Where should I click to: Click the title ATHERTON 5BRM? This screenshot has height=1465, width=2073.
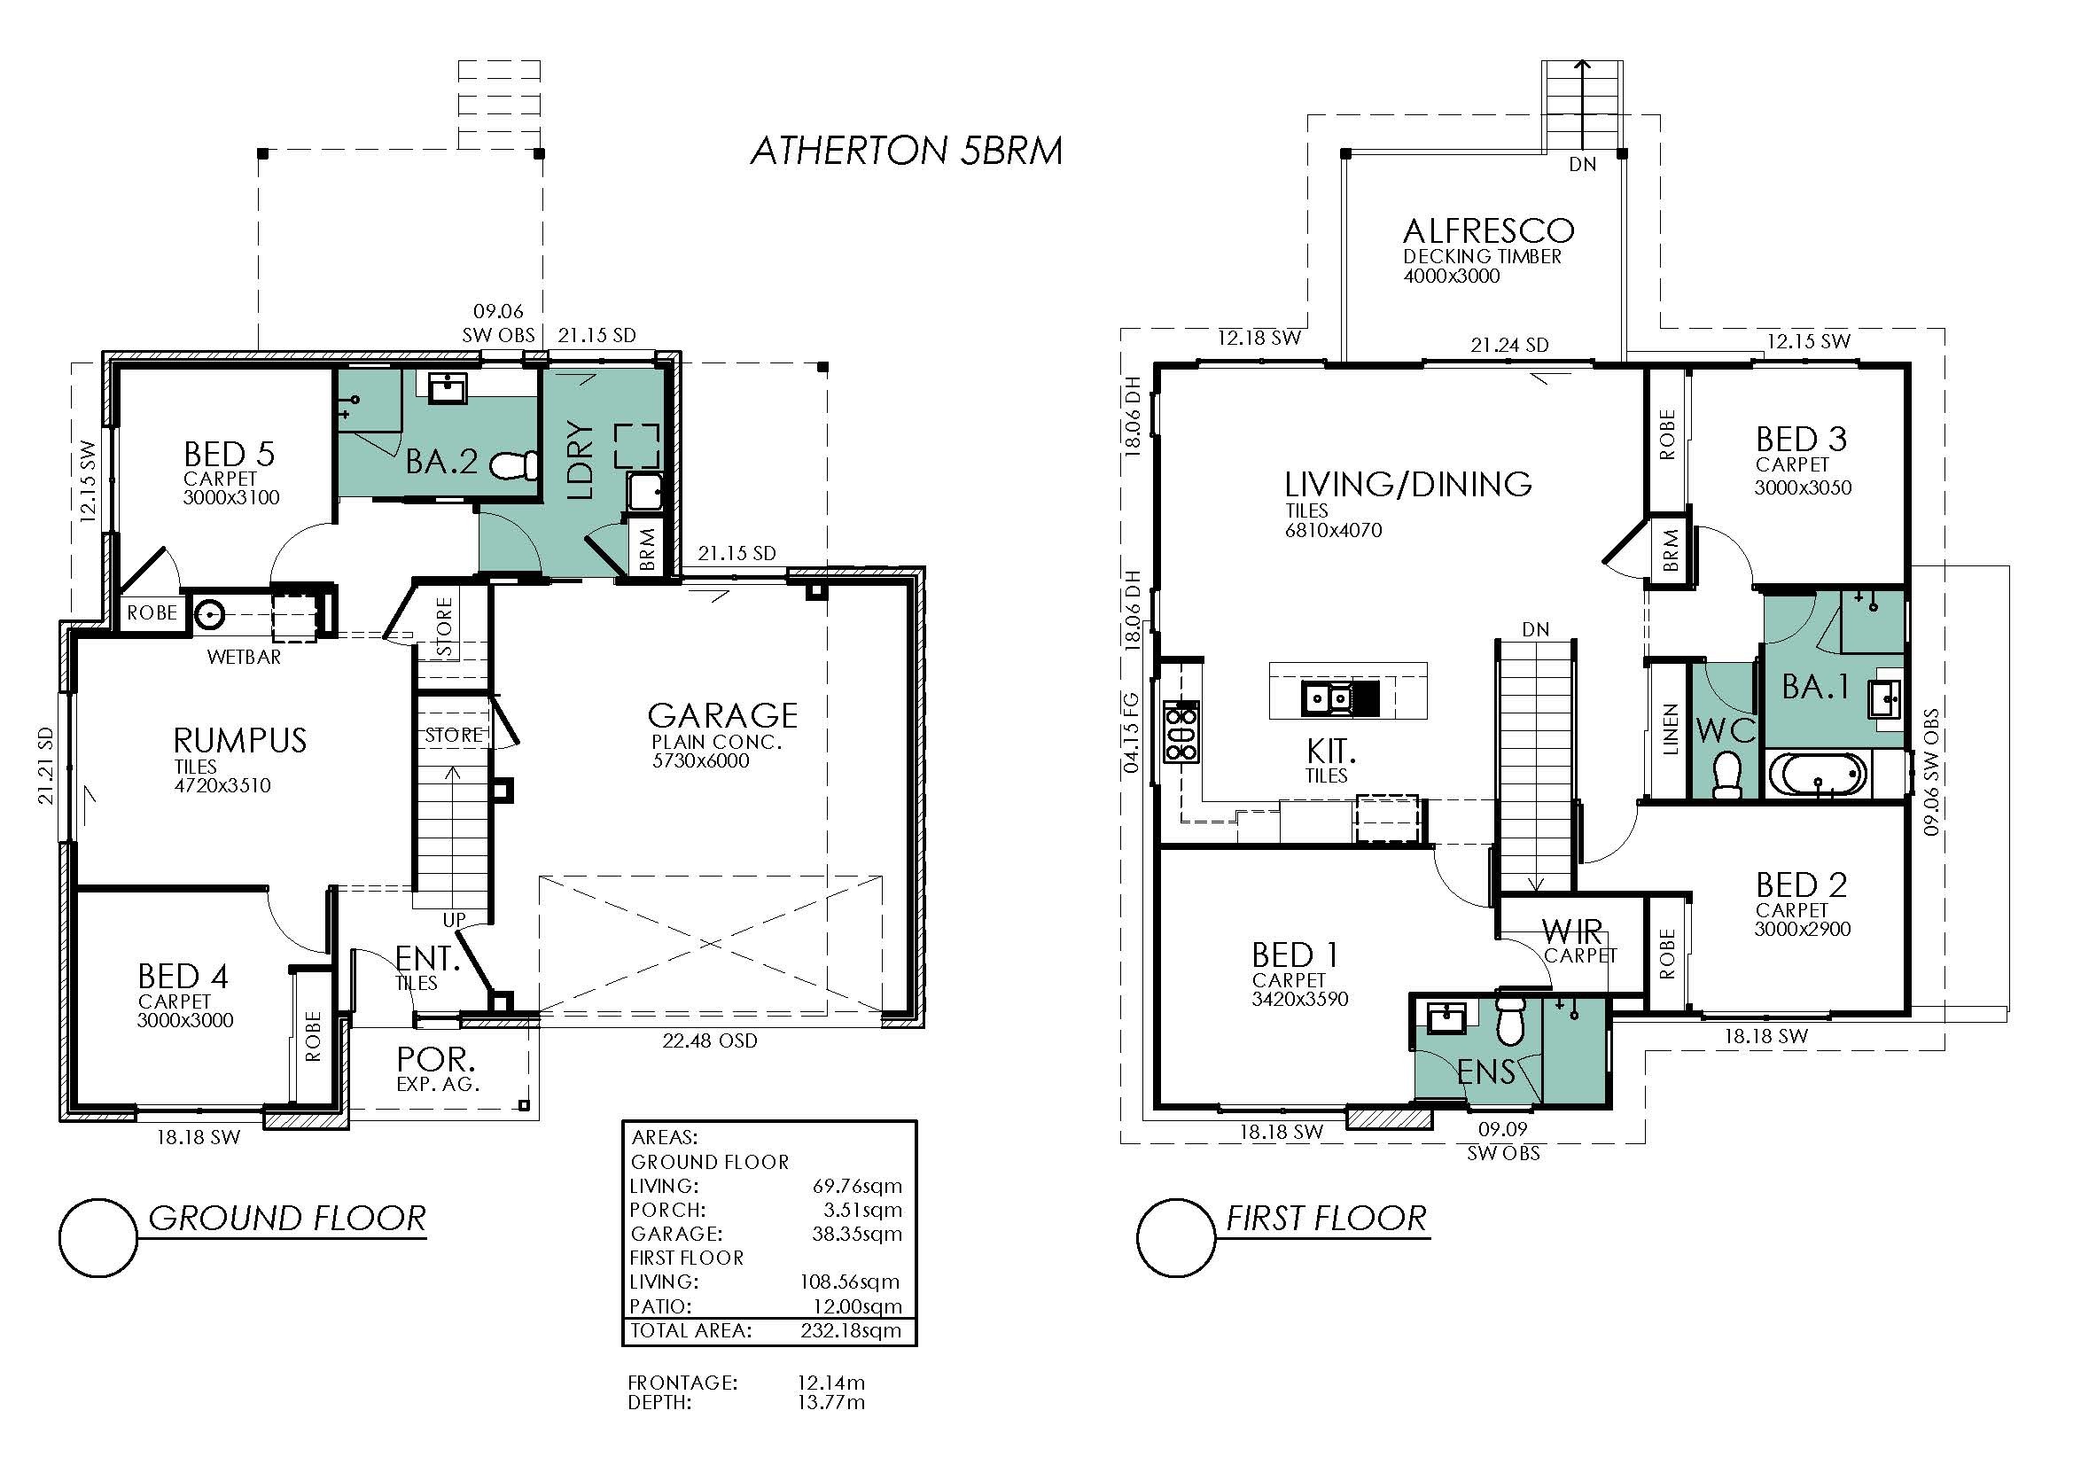[x=906, y=151]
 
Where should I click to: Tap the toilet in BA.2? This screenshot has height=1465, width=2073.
[x=515, y=466]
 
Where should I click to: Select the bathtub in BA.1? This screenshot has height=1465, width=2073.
[x=1818, y=775]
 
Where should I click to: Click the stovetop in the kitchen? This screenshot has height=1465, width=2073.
[x=1180, y=731]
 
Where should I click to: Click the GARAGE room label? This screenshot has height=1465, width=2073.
[x=722, y=716]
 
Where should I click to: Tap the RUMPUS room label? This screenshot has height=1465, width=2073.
[x=240, y=741]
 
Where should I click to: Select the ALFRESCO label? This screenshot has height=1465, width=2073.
[x=1489, y=231]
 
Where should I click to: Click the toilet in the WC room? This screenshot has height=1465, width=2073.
[x=1726, y=774]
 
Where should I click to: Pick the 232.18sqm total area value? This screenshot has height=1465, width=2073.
[x=851, y=1330]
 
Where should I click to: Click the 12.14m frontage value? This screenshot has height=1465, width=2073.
[x=830, y=1382]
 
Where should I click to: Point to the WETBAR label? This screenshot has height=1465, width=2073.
[x=244, y=657]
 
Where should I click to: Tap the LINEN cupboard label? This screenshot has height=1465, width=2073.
[x=1670, y=729]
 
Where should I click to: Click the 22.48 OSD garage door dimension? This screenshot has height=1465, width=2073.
[x=710, y=1040]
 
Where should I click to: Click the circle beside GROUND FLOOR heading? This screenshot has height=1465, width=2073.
[x=98, y=1237]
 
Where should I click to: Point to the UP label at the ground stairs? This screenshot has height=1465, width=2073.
[x=454, y=920]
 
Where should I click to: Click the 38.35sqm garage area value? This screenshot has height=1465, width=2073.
[x=857, y=1234]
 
